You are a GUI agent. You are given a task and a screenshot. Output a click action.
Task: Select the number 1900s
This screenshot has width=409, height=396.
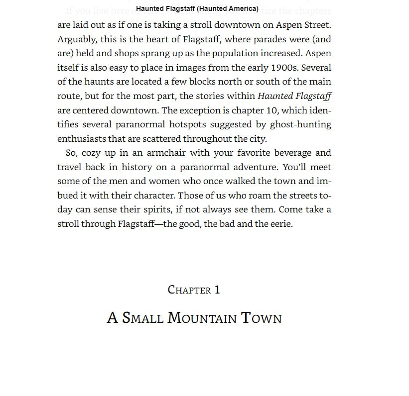pos(284,68)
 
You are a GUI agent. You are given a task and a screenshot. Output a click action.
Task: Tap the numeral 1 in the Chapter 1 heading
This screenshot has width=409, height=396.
pos(217,290)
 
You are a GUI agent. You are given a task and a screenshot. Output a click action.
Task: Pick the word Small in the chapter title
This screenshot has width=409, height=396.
pos(142,318)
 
